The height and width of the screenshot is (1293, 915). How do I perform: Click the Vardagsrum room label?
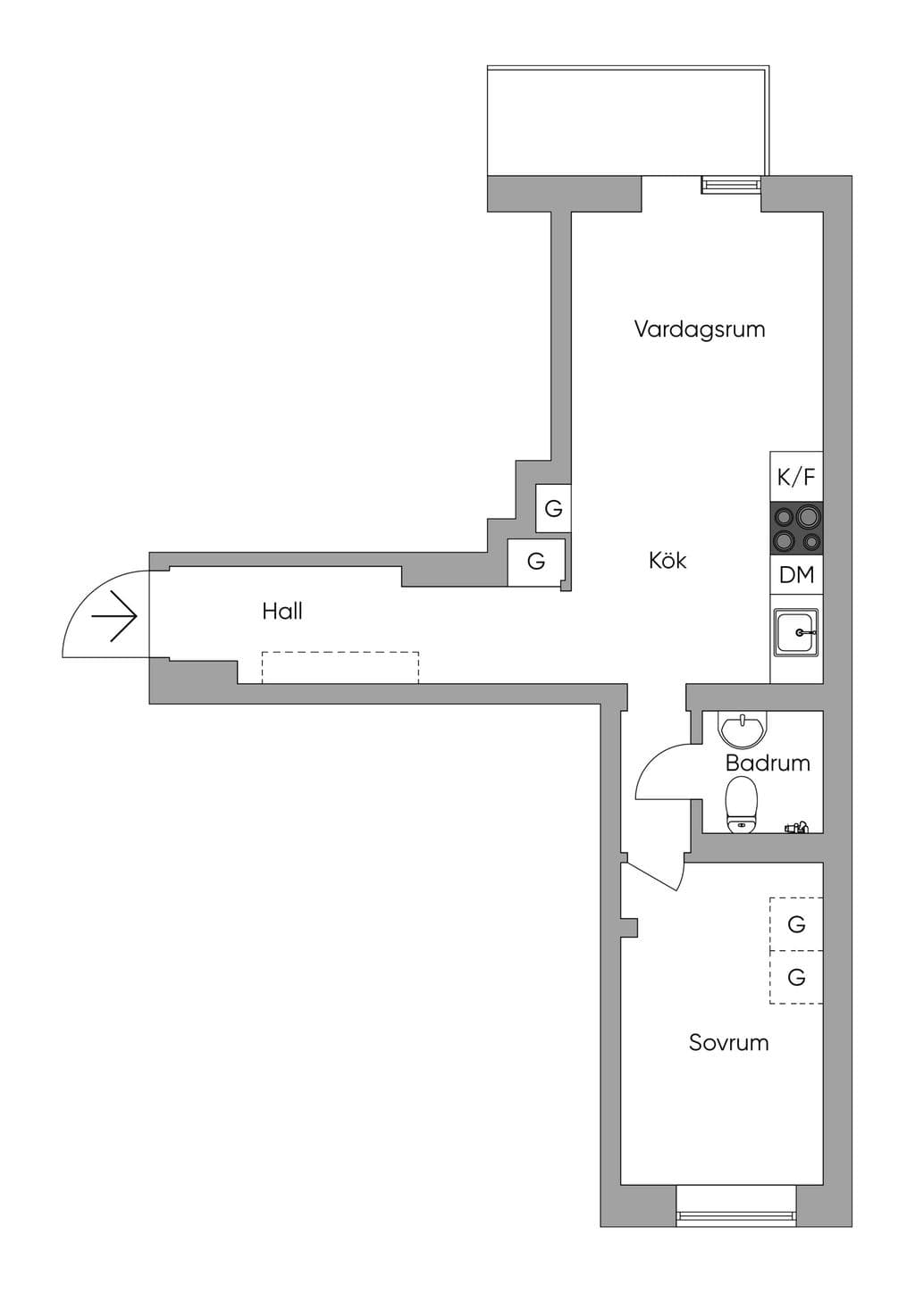coord(699,329)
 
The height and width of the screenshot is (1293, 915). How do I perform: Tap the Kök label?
coord(667,560)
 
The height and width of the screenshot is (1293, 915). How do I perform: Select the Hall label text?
coord(281,611)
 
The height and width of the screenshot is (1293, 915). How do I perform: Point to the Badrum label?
coord(768,763)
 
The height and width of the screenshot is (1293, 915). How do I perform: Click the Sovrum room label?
coord(728,1042)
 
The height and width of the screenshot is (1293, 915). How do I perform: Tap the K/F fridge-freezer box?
coord(796,476)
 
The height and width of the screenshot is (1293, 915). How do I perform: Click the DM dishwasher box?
coord(796,575)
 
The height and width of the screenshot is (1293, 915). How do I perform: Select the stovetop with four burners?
coord(796,528)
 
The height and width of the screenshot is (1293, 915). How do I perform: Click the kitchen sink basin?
coord(796,632)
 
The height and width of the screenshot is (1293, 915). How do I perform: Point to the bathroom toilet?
coord(742,805)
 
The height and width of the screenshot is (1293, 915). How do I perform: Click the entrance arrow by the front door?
coord(114,616)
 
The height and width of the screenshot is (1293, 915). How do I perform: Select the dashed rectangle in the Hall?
coord(340,668)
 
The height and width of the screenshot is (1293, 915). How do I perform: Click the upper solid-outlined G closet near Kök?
coord(553,509)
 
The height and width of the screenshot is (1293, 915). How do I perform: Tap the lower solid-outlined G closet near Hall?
coord(536,562)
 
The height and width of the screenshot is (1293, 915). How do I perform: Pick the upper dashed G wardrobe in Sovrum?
coord(796,924)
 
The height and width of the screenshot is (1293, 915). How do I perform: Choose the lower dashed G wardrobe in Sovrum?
coord(796,977)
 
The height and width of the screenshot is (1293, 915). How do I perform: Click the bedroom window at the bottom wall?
coord(736,1198)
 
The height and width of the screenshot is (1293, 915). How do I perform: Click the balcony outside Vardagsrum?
coord(628,121)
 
